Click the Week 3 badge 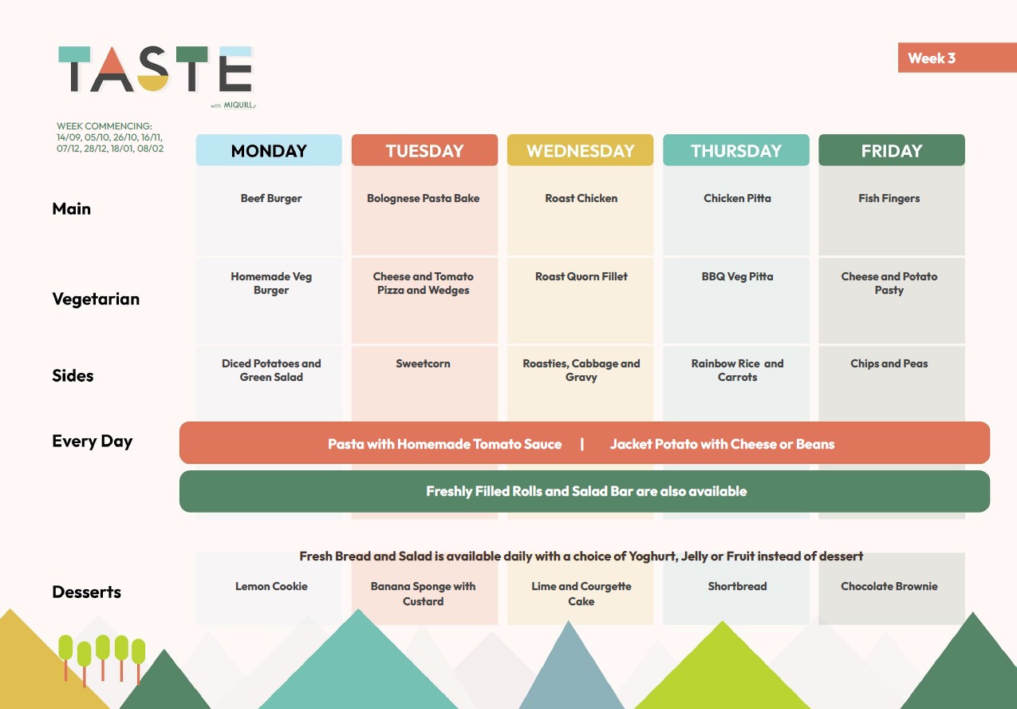[957, 57]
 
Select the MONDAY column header [269, 150]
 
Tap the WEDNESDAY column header [580, 150]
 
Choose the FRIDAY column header [892, 150]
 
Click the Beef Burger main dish [271, 199]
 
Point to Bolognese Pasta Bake [423, 199]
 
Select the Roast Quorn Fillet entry [581, 276]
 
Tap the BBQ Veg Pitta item [737, 276]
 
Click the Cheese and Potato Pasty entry [889, 283]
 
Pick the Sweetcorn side [423, 363]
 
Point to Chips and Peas [889, 363]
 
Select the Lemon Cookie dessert [271, 586]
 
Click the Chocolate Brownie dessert [889, 586]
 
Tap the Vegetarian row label [96, 299]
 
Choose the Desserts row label [87, 592]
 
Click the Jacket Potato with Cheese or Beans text [722, 444]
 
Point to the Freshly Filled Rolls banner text [586, 491]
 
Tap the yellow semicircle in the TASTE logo [153, 83]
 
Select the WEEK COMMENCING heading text [104, 126]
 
